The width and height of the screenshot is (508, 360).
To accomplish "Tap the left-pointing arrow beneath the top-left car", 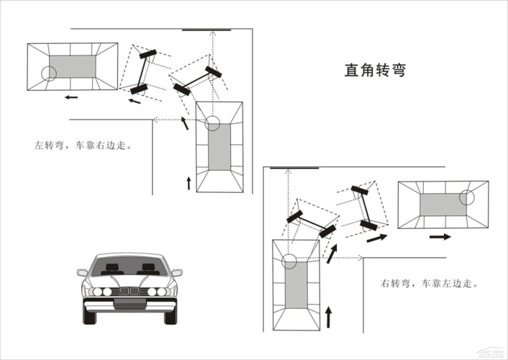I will point(70,96).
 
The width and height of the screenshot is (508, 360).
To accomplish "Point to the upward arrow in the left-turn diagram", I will point(189,182).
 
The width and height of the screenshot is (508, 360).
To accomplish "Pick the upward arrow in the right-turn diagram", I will point(329,315).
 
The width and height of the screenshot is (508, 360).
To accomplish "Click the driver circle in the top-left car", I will point(49,73).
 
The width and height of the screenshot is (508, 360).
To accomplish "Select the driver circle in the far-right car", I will point(468,198).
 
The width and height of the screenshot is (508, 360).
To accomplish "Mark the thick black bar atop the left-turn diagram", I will point(207,30).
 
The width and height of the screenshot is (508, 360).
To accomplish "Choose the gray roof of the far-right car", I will point(443,204).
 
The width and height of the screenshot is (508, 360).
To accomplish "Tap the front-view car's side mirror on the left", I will point(82,273).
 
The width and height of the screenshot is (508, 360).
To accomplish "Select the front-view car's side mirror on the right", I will point(177,273).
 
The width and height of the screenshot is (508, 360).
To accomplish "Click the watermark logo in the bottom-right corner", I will point(492,354).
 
